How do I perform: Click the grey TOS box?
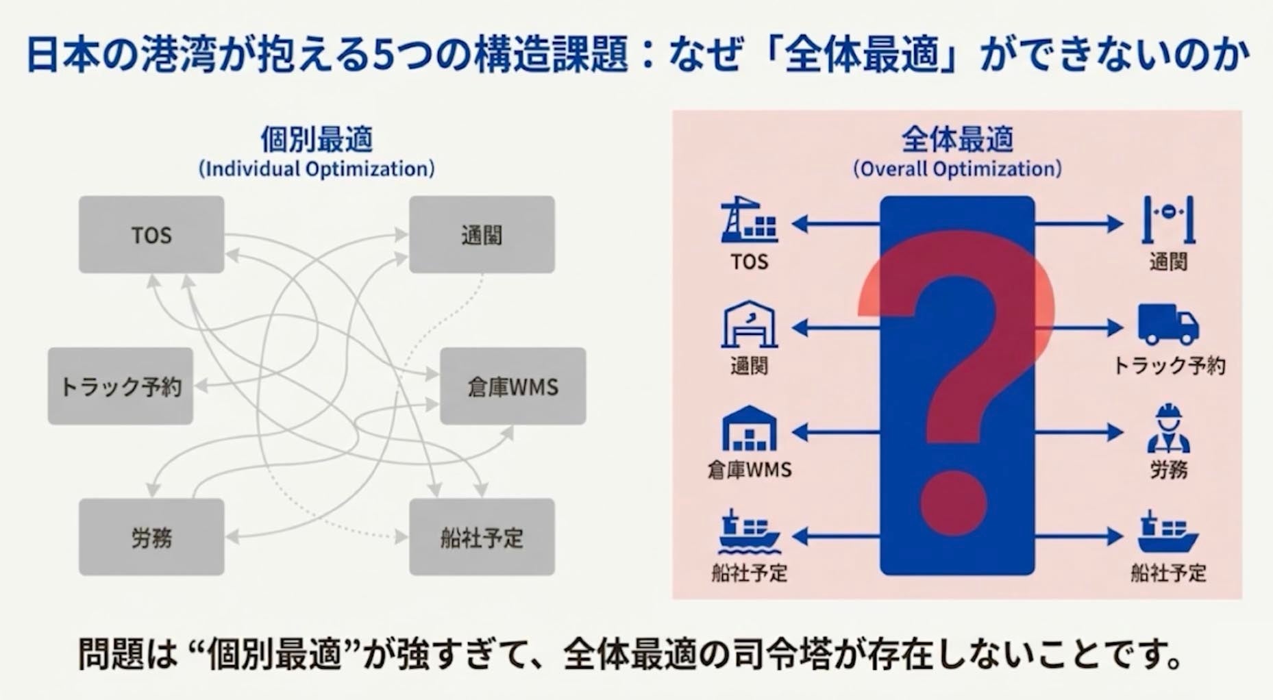point(151,235)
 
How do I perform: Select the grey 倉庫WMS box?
point(512,386)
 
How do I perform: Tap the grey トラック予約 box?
point(121,386)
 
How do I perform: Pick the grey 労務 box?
point(151,537)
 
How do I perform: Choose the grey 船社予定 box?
point(482,537)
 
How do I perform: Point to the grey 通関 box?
point(482,235)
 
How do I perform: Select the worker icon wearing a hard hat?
point(1168,429)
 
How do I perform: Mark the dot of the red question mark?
point(953,502)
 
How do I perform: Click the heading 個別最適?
point(317,140)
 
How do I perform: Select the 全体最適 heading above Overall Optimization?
point(957,140)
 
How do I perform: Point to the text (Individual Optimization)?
point(317,169)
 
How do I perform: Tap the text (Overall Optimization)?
point(957,169)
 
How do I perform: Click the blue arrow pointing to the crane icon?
point(836,223)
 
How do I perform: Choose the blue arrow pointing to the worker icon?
point(1079,432)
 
